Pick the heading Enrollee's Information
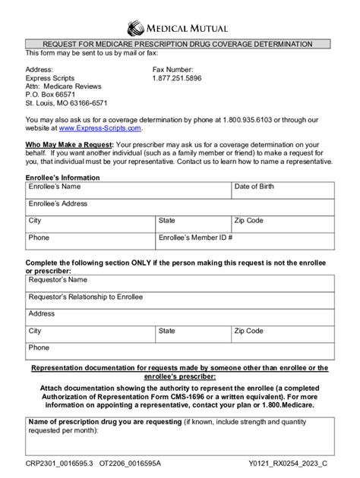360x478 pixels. click(x=62, y=177)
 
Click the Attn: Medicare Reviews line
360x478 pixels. click(x=63, y=86)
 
